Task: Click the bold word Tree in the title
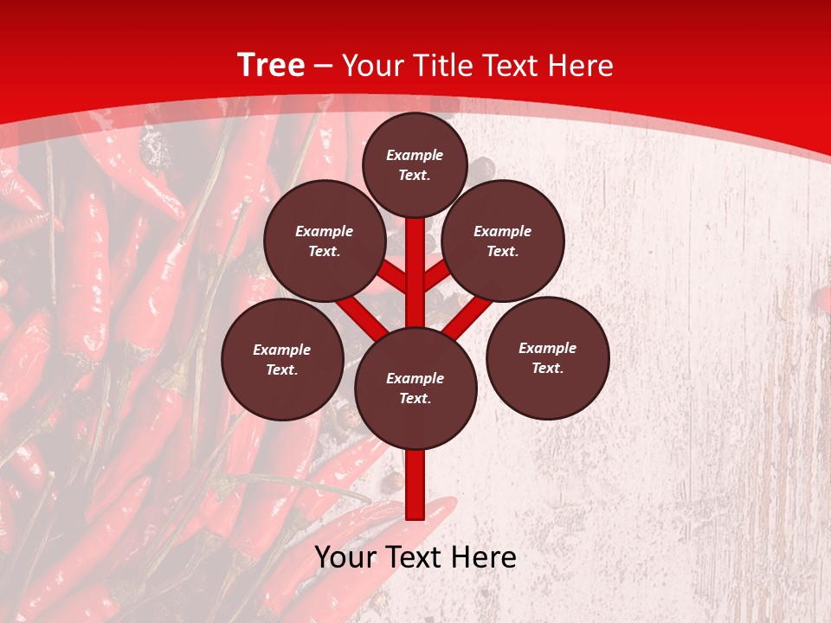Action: coord(271,66)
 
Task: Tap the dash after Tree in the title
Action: coord(323,66)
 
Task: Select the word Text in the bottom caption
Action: coord(416,557)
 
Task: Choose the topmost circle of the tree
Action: coord(415,164)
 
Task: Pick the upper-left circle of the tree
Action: coord(325,241)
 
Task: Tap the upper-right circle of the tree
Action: coord(503,241)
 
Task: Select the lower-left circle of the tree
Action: coord(282,359)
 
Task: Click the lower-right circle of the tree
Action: coord(548,357)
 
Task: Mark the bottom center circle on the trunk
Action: coord(415,388)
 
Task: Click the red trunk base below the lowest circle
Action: coord(415,485)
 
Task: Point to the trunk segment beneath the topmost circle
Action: coord(415,260)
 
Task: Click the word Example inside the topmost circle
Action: coord(415,155)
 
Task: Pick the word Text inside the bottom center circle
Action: coord(415,398)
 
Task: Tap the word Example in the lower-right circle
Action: coord(548,348)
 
